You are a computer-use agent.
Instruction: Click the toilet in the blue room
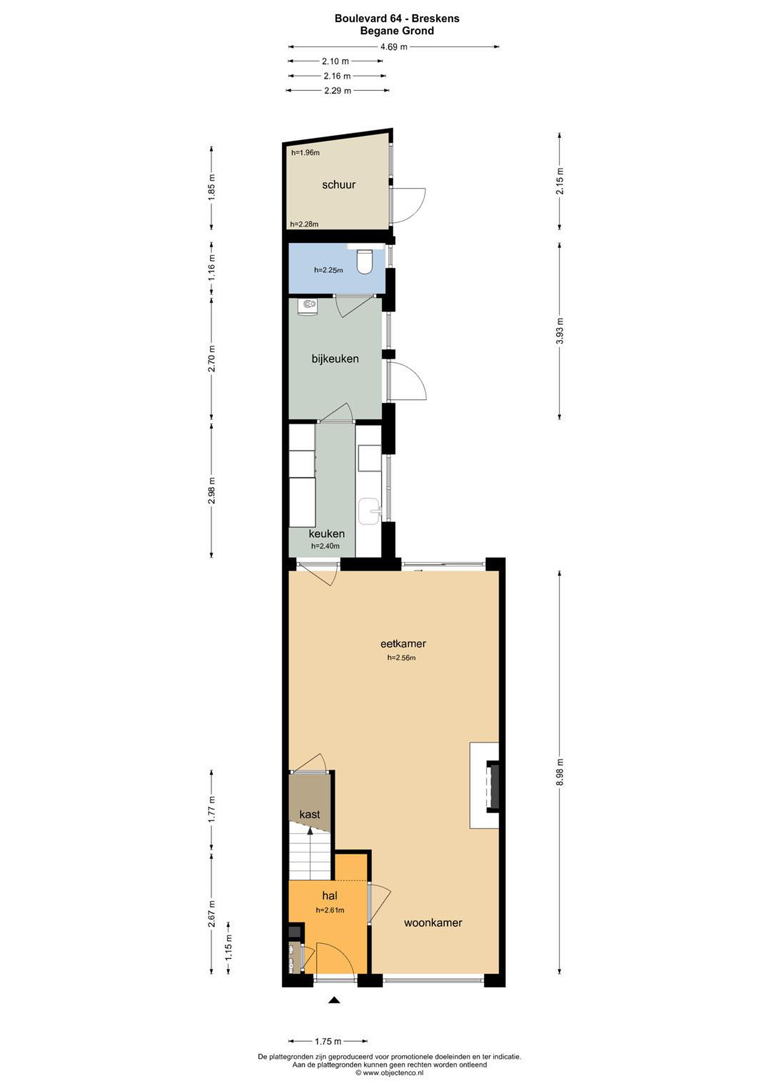click(364, 262)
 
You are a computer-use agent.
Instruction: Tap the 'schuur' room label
click(339, 185)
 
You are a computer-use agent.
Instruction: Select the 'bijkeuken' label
click(335, 359)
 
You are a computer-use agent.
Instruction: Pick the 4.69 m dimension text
click(394, 47)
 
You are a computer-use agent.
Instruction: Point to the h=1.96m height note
click(306, 153)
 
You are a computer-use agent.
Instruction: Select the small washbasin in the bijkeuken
click(307, 306)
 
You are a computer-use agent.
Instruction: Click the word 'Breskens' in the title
click(435, 19)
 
